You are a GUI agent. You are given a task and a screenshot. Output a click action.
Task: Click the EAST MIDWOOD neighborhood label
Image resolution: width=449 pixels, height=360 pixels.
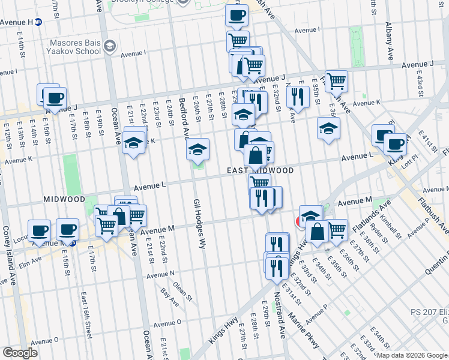[x=261, y=171]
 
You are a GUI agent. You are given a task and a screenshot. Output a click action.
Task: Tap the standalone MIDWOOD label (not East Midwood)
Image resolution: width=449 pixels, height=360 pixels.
[x=64, y=199]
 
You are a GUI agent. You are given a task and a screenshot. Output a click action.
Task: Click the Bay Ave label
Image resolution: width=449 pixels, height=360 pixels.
[x=170, y=298]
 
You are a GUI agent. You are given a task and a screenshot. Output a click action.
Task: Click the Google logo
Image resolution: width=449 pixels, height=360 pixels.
[x=20, y=353]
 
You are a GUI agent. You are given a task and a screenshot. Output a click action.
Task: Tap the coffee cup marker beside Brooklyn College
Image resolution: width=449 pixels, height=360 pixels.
[x=237, y=15]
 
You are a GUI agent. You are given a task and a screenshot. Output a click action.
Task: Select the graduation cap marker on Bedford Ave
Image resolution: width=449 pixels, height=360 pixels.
[x=197, y=149]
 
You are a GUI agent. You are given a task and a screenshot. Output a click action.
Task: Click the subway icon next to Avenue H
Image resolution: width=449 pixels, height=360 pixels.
[x=38, y=22]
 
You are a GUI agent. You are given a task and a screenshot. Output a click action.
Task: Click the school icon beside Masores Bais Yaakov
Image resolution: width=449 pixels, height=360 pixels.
[x=110, y=46]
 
